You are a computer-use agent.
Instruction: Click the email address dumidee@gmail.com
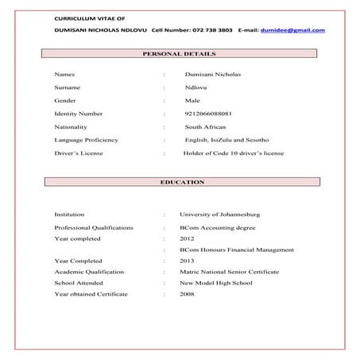click(292, 30)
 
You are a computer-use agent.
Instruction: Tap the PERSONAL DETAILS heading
click(179, 54)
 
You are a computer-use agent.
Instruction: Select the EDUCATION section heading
click(182, 182)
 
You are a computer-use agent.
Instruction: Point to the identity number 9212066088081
click(209, 114)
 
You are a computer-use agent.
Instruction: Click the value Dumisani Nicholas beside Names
click(211, 73)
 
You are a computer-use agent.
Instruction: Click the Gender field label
click(64, 100)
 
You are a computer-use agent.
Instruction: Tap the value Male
click(192, 100)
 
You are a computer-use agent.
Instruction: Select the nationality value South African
click(205, 127)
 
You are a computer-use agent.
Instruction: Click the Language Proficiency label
click(86, 140)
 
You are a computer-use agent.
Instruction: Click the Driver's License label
click(79, 153)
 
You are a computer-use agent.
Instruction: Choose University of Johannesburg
click(219, 215)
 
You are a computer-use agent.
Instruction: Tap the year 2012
click(187, 238)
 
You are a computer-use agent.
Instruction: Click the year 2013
click(187, 261)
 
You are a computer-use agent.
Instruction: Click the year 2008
click(187, 294)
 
